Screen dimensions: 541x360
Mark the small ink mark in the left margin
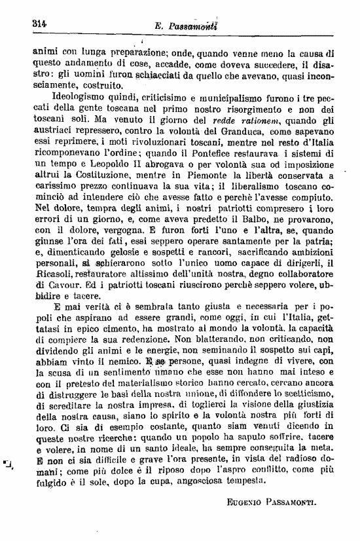9,466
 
